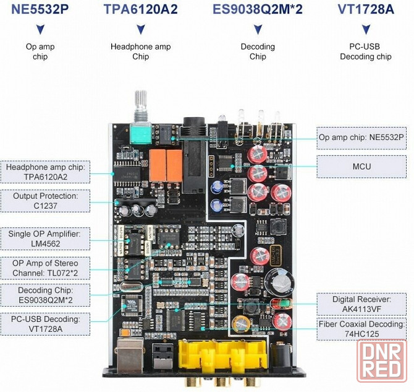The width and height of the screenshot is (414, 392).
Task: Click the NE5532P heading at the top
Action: pyautogui.click(x=41, y=9)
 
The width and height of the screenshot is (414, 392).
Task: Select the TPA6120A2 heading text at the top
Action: pyautogui.click(x=140, y=9)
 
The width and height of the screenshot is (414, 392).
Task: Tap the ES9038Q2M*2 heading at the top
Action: pyautogui.click(x=257, y=9)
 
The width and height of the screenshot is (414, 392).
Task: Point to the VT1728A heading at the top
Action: pyautogui.click(x=366, y=9)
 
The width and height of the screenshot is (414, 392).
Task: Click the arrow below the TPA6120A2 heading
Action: pyautogui.click(x=140, y=29)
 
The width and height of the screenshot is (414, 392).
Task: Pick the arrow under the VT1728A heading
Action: pyautogui.click(x=366, y=29)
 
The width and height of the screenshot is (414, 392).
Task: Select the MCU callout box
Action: pyautogui.click(x=361, y=165)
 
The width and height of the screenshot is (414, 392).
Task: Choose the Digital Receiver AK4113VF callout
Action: pyautogui.click(x=361, y=304)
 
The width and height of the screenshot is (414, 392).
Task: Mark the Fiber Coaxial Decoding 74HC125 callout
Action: pyautogui.click(x=361, y=329)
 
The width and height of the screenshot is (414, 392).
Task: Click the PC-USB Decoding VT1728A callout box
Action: pyautogui.click(x=46, y=324)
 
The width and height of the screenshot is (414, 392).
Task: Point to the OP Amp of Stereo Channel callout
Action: pyautogui.click(x=46, y=268)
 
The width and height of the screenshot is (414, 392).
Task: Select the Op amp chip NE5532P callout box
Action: pyautogui.click(x=361, y=137)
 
